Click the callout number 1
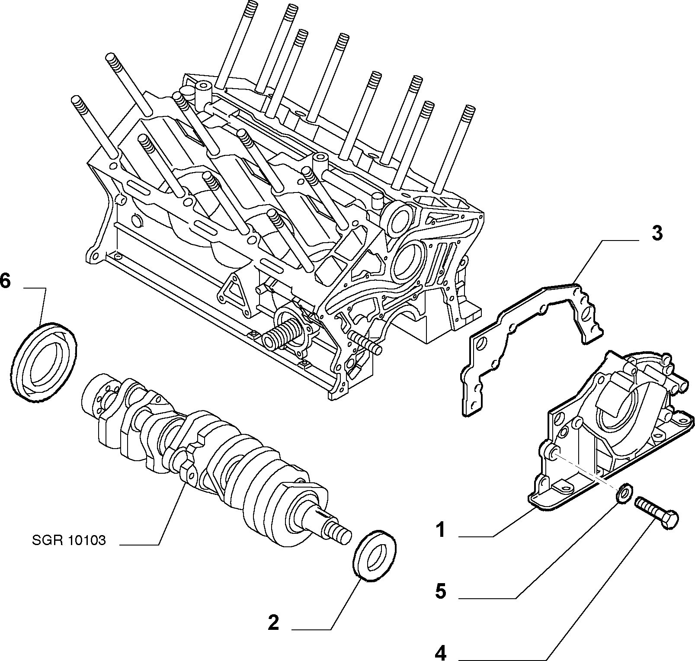440,529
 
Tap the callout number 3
657,233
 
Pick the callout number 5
440,591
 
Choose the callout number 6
5,281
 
